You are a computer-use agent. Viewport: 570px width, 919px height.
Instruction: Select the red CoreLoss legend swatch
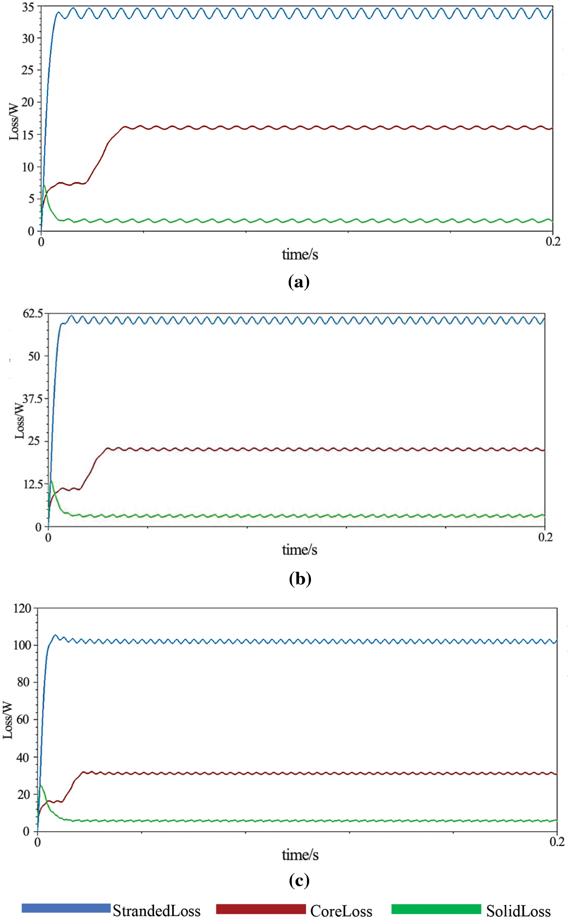click(260, 909)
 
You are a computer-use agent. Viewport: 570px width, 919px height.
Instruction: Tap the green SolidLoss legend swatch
click(436, 909)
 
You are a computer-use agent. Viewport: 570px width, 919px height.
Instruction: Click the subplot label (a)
click(299, 282)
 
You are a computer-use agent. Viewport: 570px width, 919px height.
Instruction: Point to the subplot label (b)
click(300, 578)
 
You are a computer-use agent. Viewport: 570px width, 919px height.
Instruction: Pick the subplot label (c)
click(299, 880)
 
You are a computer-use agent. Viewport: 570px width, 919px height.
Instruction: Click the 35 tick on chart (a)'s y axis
click(28, 7)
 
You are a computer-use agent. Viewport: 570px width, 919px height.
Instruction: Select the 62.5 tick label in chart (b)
click(33, 314)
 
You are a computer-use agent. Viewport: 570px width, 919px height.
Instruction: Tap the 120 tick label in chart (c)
click(22, 609)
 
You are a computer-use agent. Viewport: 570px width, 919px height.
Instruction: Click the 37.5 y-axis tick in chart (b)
click(32, 399)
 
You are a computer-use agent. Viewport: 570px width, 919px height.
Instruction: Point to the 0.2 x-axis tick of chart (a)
click(553, 241)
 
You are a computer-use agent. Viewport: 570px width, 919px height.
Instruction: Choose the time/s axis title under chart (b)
click(300, 550)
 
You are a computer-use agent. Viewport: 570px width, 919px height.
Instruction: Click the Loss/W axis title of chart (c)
click(8, 720)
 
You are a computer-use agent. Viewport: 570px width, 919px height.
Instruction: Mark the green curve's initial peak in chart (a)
click(44, 185)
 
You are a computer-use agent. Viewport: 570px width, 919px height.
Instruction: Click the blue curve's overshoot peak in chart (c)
click(55, 635)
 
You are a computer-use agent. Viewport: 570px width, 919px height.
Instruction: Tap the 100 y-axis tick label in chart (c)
click(22, 645)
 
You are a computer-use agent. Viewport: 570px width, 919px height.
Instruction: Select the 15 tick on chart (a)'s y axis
click(28, 135)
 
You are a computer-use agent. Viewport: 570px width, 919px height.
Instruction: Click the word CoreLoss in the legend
click(341, 911)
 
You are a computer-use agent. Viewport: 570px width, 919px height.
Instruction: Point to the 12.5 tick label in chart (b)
click(33, 484)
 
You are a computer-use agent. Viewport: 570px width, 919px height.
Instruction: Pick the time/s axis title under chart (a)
click(300, 254)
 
